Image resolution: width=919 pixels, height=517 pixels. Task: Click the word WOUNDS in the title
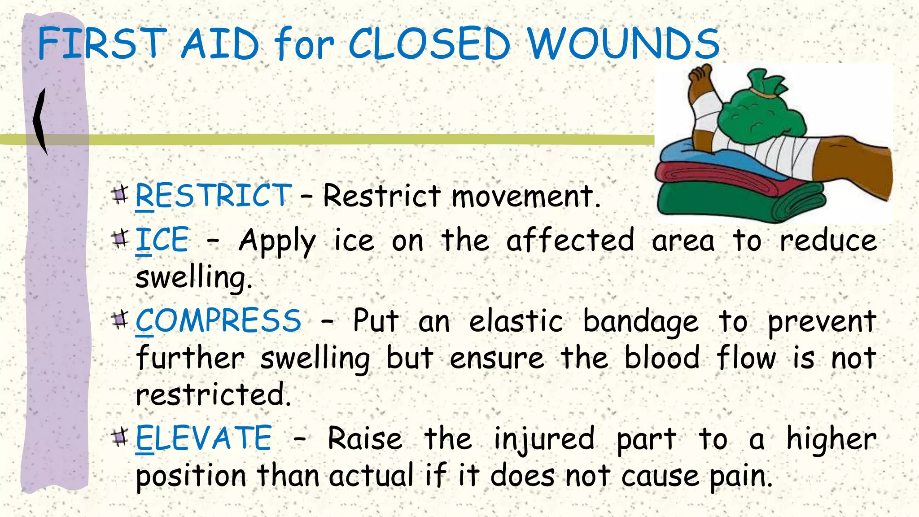[x=623, y=44]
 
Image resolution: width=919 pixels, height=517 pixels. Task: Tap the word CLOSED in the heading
[x=429, y=44]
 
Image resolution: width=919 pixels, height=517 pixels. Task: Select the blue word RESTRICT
[x=214, y=196]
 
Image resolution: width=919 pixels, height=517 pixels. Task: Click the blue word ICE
[x=162, y=240]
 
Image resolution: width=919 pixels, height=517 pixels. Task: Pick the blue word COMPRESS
[x=219, y=321]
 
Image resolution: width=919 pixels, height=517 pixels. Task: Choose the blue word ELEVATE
[x=204, y=438]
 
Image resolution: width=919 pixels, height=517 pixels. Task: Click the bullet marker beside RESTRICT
[x=120, y=194]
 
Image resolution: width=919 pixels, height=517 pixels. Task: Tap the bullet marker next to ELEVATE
[x=120, y=436]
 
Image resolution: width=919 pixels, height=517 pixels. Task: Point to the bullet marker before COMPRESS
[x=120, y=320]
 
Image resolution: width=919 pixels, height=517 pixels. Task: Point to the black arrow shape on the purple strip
[x=40, y=121]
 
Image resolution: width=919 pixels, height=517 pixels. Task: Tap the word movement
[x=525, y=197]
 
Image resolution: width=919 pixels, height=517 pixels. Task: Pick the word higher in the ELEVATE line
[x=831, y=439]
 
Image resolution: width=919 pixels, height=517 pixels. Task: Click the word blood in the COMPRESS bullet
[x=662, y=358]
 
